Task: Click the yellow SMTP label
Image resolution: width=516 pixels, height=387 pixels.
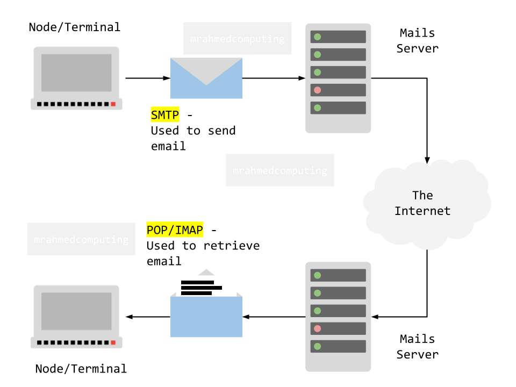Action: tap(164, 114)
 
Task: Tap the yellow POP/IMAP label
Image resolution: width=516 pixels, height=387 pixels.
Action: tap(175, 230)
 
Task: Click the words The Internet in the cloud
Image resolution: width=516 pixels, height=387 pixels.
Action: tap(422, 203)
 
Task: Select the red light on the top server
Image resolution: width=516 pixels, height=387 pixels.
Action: tap(318, 90)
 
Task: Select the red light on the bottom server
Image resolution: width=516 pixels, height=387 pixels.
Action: tap(318, 328)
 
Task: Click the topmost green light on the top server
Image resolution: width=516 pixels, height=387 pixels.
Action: tap(318, 37)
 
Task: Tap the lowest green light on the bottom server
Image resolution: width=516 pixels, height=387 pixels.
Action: tap(318, 346)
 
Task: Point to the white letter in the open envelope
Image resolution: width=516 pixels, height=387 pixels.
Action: tap(226, 285)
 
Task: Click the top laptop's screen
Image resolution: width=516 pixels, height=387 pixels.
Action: tap(76, 73)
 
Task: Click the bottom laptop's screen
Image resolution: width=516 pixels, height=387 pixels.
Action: tap(76, 311)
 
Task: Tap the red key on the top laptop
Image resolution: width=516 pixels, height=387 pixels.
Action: tap(113, 104)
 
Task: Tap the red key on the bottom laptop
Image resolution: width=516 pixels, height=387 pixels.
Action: tap(113, 342)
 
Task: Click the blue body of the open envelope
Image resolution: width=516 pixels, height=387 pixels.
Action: tap(206, 320)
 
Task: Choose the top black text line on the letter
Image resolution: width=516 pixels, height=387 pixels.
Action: tap(198, 282)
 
